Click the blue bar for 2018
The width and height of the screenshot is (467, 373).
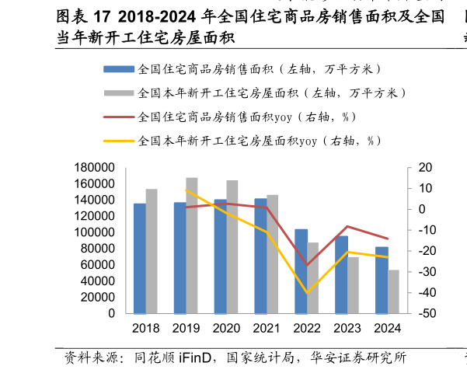(x=139, y=258)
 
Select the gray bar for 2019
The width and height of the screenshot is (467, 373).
(x=192, y=246)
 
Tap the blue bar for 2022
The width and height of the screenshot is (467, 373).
(x=301, y=271)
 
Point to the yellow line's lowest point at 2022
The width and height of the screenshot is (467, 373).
(x=307, y=293)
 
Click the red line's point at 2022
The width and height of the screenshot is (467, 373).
(x=307, y=266)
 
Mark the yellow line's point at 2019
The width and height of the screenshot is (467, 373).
(x=186, y=190)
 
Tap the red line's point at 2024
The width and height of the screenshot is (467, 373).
(x=388, y=239)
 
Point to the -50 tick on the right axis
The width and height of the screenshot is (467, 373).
(x=426, y=313)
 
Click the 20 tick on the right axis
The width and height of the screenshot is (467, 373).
(x=424, y=168)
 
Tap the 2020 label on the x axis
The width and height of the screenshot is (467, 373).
(x=226, y=329)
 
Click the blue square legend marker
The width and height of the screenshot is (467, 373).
(x=119, y=69)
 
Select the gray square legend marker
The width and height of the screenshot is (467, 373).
(x=119, y=93)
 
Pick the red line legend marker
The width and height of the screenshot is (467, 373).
(x=119, y=117)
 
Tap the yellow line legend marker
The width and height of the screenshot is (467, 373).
(x=119, y=141)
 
